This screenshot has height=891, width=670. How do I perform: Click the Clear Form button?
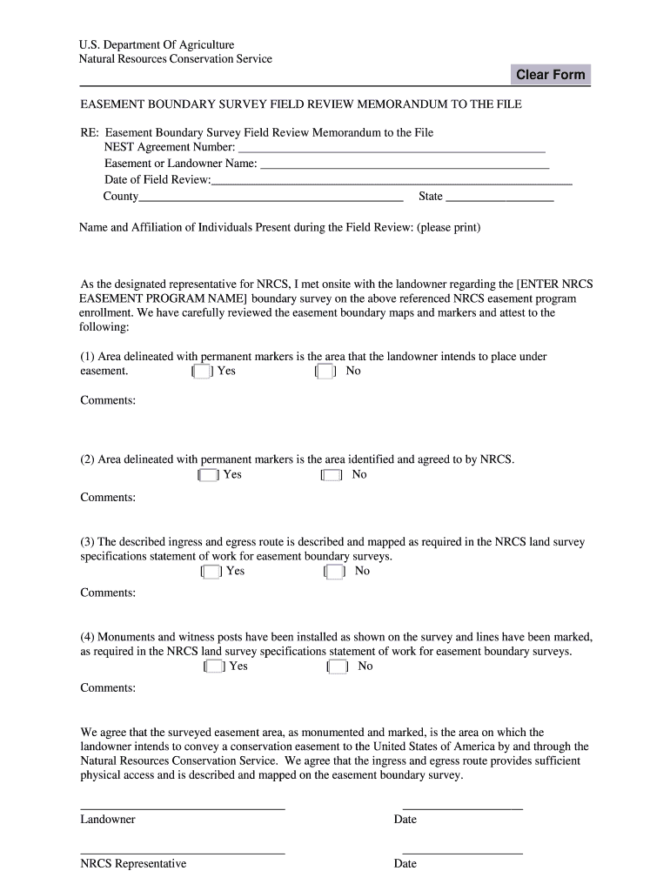tap(550, 75)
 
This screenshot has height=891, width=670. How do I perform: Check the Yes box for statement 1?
tap(201, 372)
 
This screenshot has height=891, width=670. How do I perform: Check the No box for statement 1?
tap(325, 372)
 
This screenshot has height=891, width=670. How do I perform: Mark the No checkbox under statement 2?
tap(332, 475)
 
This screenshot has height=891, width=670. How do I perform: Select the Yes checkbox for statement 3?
tap(211, 572)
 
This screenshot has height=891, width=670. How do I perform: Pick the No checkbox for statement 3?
tap(335, 572)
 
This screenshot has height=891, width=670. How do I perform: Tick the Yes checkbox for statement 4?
tap(213, 667)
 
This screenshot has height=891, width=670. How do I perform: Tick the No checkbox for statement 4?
tap(338, 667)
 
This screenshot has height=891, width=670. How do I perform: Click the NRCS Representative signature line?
tap(183, 852)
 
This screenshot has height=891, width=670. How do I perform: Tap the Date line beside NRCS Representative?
tap(462, 852)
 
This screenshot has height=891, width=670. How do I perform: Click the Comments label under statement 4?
tap(108, 688)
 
